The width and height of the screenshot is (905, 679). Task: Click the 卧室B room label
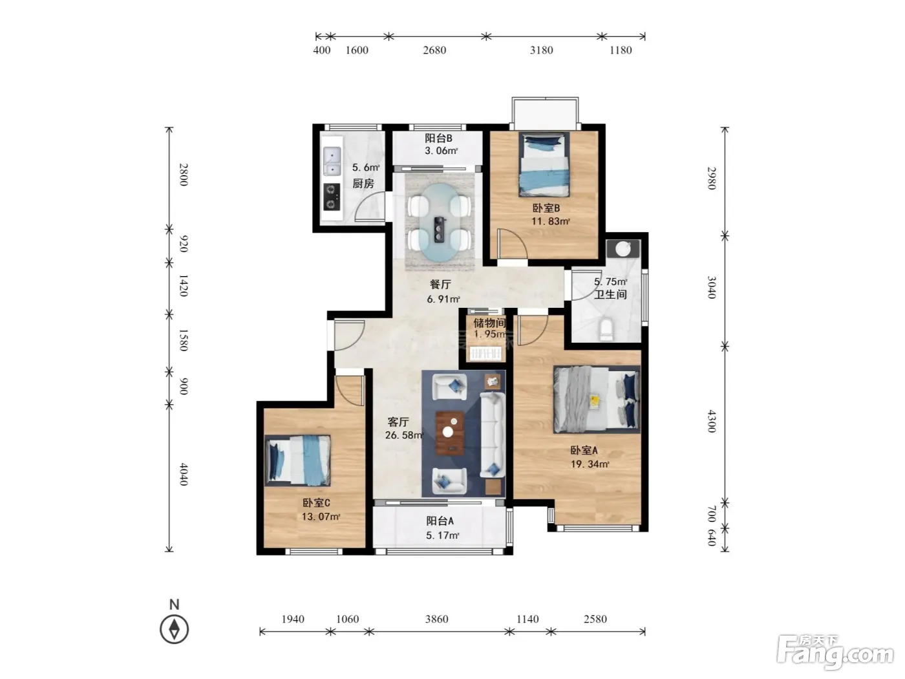pyautogui.click(x=546, y=208)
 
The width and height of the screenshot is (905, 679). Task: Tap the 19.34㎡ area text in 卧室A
pyautogui.click(x=590, y=464)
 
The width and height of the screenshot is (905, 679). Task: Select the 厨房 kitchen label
pyautogui.click(x=363, y=184)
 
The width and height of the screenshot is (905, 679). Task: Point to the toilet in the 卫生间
pyautogui.click(x=606, y=329)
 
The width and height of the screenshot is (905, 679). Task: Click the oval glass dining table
pyautogui.click(x=440, y=222)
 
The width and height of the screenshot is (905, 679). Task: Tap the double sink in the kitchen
pyautogui.click(x=332, y=162)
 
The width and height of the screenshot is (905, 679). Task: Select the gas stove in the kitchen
pyautogui.click(x=332, y=197)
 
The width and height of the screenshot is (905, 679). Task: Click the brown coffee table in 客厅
pyautogui.click(x=450, y=433)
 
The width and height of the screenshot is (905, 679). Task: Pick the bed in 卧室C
pyautogui.click(x=297, y=460)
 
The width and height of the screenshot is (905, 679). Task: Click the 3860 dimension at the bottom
pyautogui.click(x=436, y=619)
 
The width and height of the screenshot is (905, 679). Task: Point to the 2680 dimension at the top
pyautogui.click(x=434, y=50)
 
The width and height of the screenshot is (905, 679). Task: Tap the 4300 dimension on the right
pyautogui.click(x=712, y=421)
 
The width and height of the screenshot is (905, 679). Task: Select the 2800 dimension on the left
pyautogui.click(x=184, y=175)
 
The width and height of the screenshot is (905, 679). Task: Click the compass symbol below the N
pyautogui.click(x=175, y=629)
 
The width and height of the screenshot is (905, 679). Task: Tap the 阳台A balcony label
pyautogui.click(x=440, y=521)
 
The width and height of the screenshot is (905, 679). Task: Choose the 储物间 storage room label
pyautogui.click(x=489, y=323)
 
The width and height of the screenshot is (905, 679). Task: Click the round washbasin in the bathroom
pyautogui.click(x=623, y=248)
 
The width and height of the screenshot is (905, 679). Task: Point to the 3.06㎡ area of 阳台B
pyautogui.click(x=441, y=151)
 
